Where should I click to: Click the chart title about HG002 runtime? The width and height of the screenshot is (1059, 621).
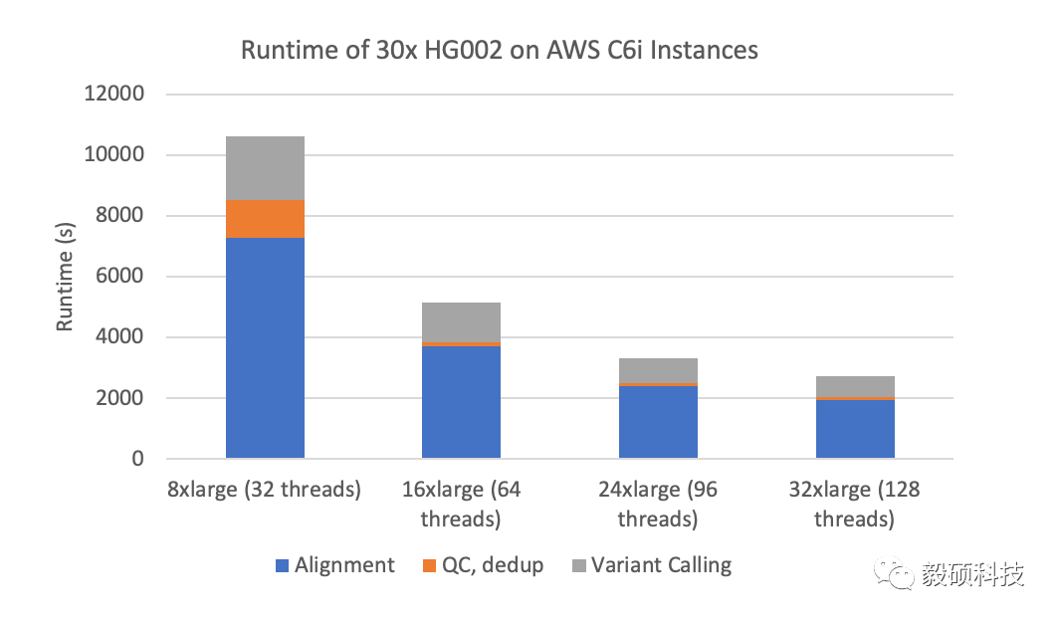pos(499,49)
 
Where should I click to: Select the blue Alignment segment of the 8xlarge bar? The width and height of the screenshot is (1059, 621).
pos(265,348)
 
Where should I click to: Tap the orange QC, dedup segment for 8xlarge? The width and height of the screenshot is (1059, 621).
pos(265,219)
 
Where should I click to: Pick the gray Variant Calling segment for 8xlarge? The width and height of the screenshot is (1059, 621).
pos(265,168)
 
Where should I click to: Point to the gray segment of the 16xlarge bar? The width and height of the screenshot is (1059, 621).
pos(461,321)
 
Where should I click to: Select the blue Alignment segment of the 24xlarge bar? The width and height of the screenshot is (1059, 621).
pos(658,422)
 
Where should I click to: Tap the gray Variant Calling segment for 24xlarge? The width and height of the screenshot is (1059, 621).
pos(658,370)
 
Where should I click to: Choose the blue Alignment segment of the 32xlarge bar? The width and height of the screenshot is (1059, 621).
pos(855,429)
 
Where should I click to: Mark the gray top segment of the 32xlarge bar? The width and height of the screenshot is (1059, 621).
pos(855,386)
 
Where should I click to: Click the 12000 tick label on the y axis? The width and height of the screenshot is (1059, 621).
pos(115,95)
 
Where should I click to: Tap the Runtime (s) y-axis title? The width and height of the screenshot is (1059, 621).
pos(65,278)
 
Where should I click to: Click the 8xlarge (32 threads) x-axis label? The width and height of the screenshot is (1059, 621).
pos(265,491)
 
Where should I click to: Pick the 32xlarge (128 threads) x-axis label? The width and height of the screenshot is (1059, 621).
pos(854,505)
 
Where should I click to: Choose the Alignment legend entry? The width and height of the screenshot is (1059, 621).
pos(335,566)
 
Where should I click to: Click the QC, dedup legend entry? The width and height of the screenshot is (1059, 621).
pos(483,566)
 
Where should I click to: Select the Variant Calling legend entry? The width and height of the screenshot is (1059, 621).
pos(652,566)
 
